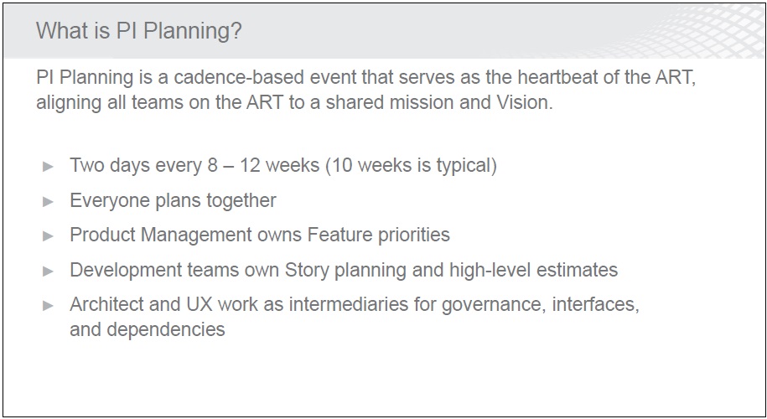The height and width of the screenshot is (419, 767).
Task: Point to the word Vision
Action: tap(525, 102)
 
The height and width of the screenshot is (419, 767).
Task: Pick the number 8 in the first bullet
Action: tap(212, 165)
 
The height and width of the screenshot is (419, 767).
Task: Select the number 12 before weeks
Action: tap(250, 165)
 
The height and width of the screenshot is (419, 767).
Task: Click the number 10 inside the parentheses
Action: tap(342, 165)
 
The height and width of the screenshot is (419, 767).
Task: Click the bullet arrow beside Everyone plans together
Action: tap(48, 201)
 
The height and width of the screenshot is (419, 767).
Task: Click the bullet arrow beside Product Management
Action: tap(48, 236)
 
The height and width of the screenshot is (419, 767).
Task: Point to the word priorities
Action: tap(414, 235)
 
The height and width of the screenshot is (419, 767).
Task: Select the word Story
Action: tap(307, 271)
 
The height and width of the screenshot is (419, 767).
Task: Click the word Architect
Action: tap(106, 304)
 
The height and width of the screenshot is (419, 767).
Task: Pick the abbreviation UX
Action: tap(200, 304)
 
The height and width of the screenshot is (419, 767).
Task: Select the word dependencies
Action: tap(166, 329)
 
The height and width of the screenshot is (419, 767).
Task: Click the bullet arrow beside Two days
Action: tap(48, 167)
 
